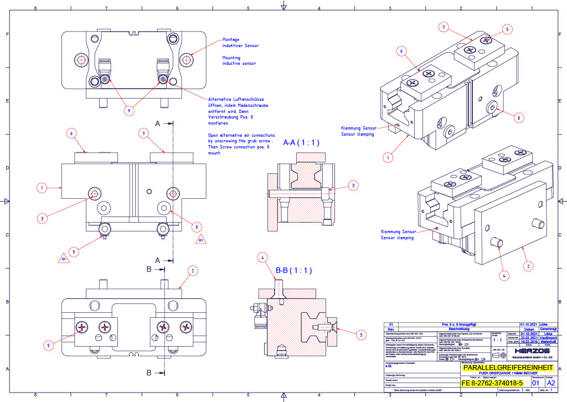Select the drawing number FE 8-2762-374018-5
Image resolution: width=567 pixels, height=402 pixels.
tap(492, 383)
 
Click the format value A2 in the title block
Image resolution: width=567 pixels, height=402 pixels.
tap(551, 383)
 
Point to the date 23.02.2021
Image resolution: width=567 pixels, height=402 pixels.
tap(529, 338)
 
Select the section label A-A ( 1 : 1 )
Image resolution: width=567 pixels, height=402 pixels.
tap(302, 142)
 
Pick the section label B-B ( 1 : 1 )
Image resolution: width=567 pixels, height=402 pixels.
tap(294, 271)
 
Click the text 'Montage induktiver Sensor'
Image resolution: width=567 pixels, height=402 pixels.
tap(240, 43)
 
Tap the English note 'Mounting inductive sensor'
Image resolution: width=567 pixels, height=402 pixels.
tap(239, 60)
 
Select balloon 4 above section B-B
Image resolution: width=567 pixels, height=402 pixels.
tap(264, 257)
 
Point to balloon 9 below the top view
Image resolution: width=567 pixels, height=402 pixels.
tap(129, 111)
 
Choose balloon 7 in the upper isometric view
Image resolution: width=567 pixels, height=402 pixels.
tap(442, 27)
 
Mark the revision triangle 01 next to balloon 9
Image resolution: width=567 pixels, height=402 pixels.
tap(63, 258)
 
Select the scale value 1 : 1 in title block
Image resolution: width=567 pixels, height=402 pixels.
tap(497, 341)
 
